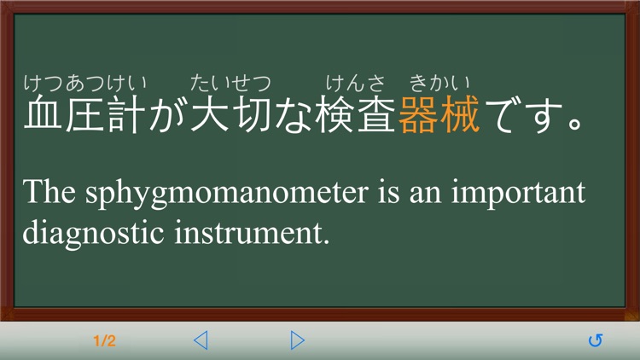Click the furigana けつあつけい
pos(84,84)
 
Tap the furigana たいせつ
pos(230,84)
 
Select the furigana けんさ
pos(356,84)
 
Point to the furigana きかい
pos(439,84)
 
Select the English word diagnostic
pos(88,233)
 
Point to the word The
pos(50,193)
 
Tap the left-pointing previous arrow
pos(201,341)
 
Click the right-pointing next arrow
pos(297,341)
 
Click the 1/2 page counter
pos(104,341)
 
